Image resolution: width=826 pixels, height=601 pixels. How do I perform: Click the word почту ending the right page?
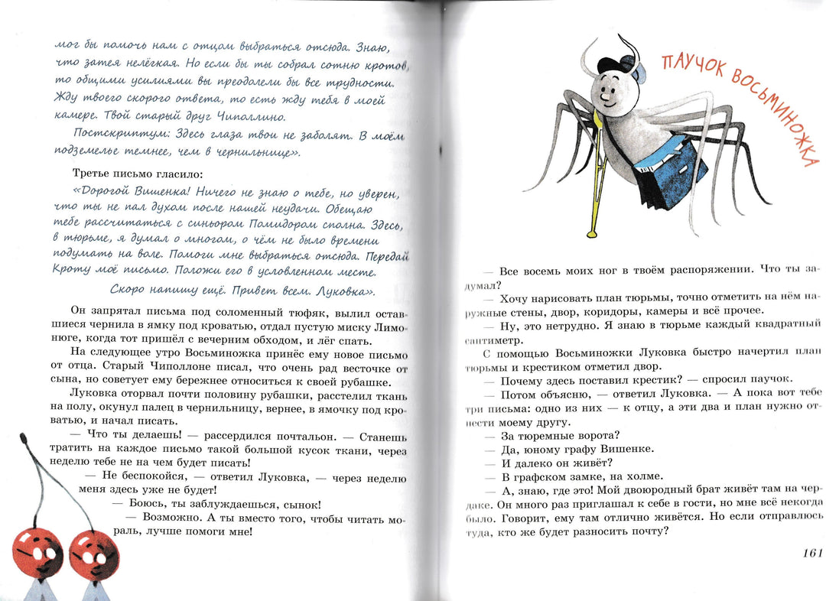(x=646, y=532)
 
